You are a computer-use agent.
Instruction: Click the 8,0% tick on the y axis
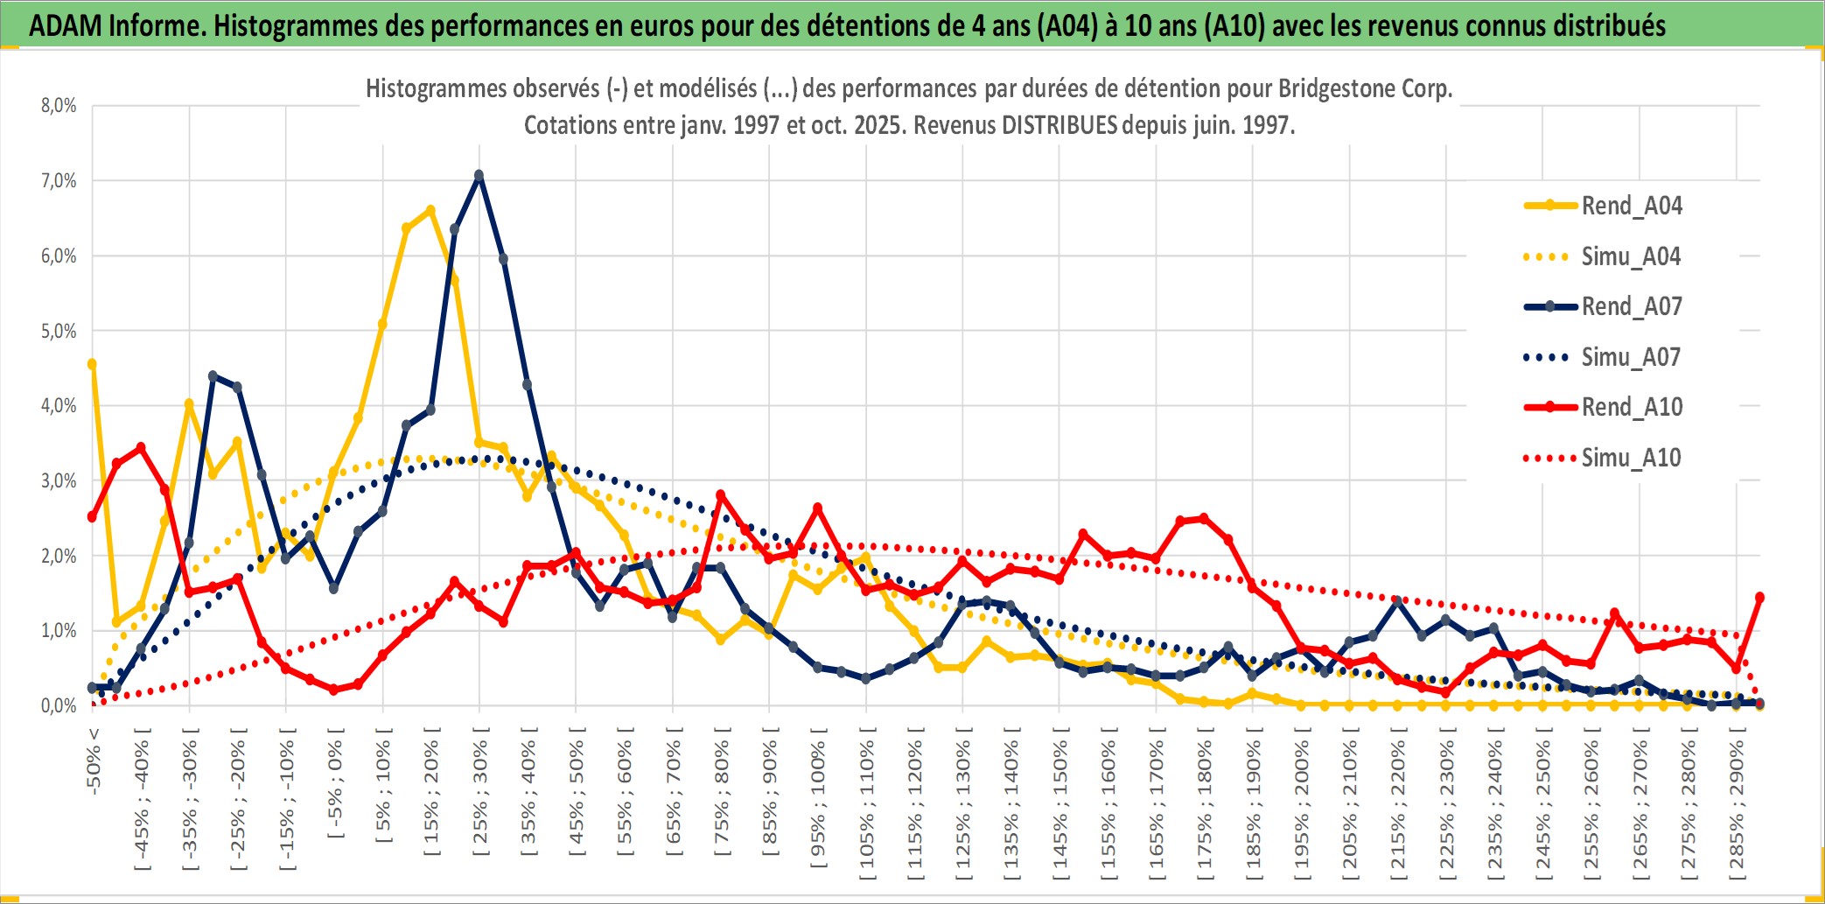click(59, 106)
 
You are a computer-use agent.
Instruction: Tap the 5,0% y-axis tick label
click(59, 332)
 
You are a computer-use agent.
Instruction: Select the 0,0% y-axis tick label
click(59, 705)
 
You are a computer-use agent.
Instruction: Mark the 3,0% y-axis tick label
click(59, 481)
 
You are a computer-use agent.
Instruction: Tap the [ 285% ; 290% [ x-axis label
click(1737, 809)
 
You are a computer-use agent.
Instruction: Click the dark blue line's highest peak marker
click(479, 176)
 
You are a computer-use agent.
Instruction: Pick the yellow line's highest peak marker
click(430, 210)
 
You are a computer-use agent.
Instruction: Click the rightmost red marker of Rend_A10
click(1759, 598)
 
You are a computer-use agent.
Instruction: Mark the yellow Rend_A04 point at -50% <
click(92, 364)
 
